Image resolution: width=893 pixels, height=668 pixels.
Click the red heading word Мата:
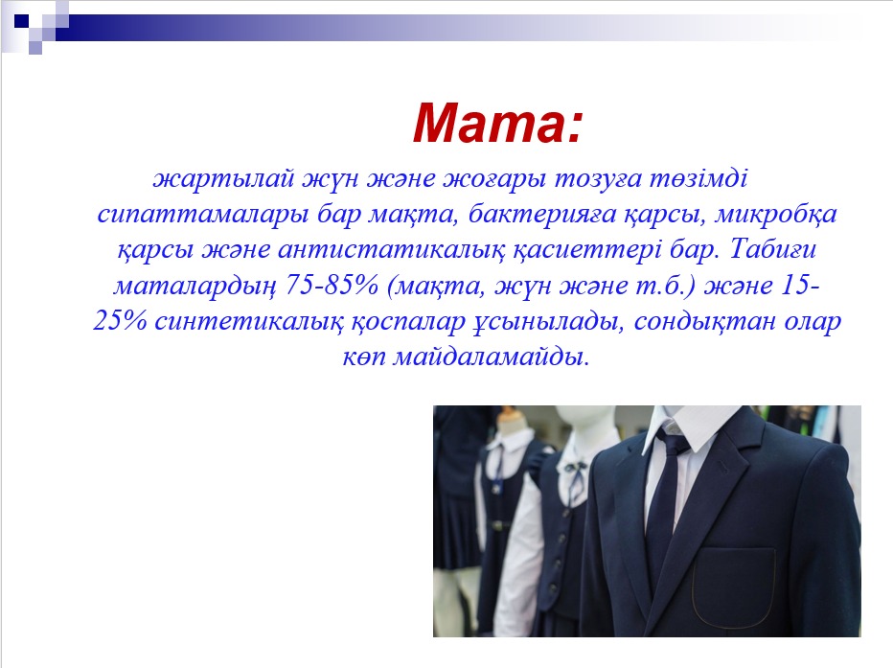(498, 123)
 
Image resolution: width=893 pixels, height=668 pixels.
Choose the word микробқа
(777, 215)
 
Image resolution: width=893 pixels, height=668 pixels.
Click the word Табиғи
(773, 249)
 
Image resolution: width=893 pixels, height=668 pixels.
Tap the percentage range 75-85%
(332, 285)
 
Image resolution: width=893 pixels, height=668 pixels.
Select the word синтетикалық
(249, 322)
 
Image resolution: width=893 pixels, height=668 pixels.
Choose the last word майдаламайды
(492, 357)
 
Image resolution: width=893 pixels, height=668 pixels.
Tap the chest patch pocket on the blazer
(733, 584)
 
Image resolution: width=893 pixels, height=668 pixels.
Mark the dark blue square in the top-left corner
(22, 21)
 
